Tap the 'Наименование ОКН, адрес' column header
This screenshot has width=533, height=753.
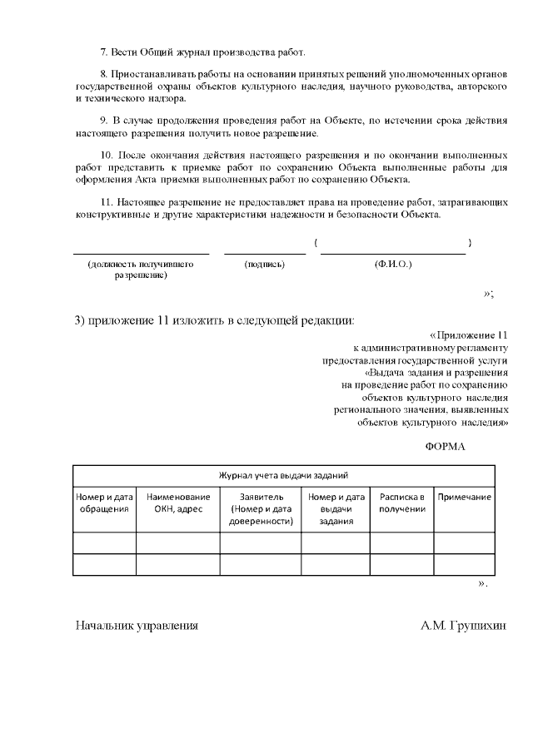click(177, 503)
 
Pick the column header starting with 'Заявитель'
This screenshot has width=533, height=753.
click(261, 508)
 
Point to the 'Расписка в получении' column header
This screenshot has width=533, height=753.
click(402, 503)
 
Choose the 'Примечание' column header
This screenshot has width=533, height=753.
click(464, 497)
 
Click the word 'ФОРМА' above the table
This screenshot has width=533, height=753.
click(445, 446)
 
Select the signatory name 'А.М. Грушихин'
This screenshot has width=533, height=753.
click(463, 625)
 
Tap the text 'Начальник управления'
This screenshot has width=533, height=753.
click(137, 625)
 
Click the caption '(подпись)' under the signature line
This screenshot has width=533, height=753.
click(264, 265)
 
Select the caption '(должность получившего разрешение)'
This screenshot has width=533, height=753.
click(141, 270)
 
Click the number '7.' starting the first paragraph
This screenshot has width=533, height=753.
click(104, 52)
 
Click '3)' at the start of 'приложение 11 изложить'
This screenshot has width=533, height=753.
click(81, 322)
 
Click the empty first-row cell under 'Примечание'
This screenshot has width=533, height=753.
click(464, 542)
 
